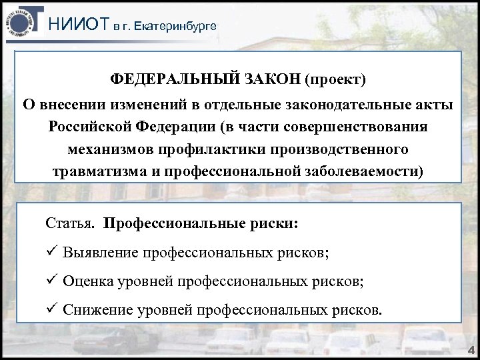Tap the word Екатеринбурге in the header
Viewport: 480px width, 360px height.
(175, 27)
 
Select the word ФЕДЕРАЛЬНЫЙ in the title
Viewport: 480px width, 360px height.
(167, 81)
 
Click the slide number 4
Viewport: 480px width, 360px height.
(469, 349)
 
